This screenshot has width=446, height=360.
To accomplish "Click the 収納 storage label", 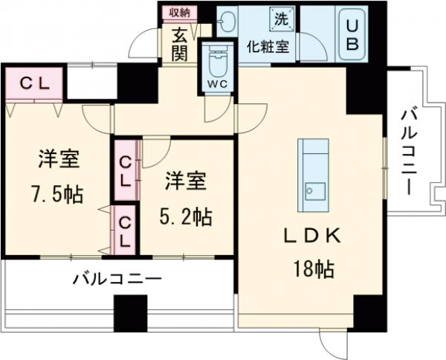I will coord(180,13).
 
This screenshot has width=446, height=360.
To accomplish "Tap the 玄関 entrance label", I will coord(181,43).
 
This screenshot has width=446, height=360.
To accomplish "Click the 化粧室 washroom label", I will coord(268,45).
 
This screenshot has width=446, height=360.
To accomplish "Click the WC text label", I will coord(216,84).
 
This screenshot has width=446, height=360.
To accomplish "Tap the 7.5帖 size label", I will coord(56,195).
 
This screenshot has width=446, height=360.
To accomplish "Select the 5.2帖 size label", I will coord(187,216).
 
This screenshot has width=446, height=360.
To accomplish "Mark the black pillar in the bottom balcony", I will coord(126,313).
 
